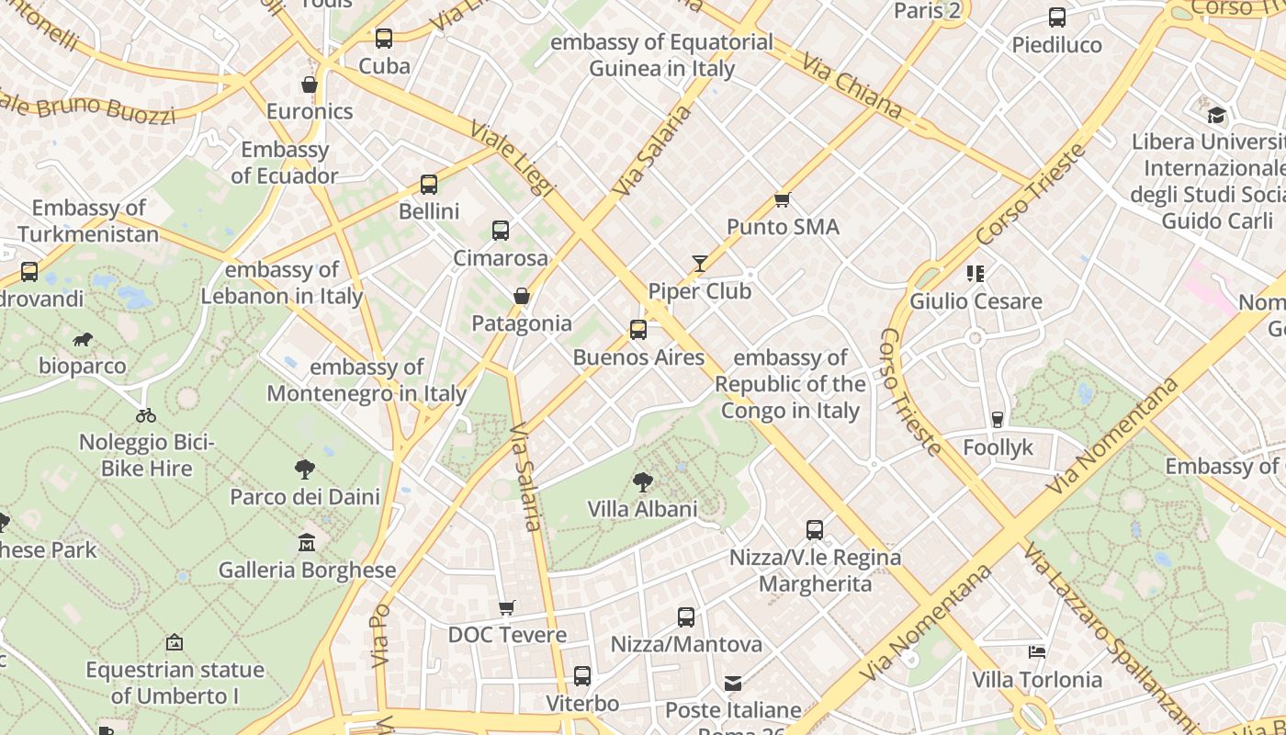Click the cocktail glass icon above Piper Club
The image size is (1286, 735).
click(700, 265)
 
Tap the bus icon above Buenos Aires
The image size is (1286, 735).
click(637, 330)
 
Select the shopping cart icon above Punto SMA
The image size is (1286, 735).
click(783, 199)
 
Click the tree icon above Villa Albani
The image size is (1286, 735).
click(643, 481)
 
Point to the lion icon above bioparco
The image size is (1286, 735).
click(83, 340)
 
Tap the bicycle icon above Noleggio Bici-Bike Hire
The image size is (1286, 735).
click(146, 415)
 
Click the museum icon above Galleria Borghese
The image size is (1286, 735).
click(307, 543)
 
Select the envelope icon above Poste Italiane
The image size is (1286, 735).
click(733, 684)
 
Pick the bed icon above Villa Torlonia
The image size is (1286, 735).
click(1037, 652)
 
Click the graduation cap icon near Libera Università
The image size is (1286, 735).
click(1217, 115)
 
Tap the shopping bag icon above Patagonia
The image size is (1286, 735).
click(522, 296)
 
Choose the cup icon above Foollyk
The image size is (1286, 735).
click(998, 420)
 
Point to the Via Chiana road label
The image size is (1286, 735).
click(852, 85)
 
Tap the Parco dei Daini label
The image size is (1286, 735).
click(305, 497)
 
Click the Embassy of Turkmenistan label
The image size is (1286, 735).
click(88, 221)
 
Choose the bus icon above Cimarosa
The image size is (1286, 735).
click(501, 231)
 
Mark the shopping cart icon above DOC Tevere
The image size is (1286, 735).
click(506, 607)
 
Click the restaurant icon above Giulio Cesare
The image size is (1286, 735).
click(975, 273)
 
